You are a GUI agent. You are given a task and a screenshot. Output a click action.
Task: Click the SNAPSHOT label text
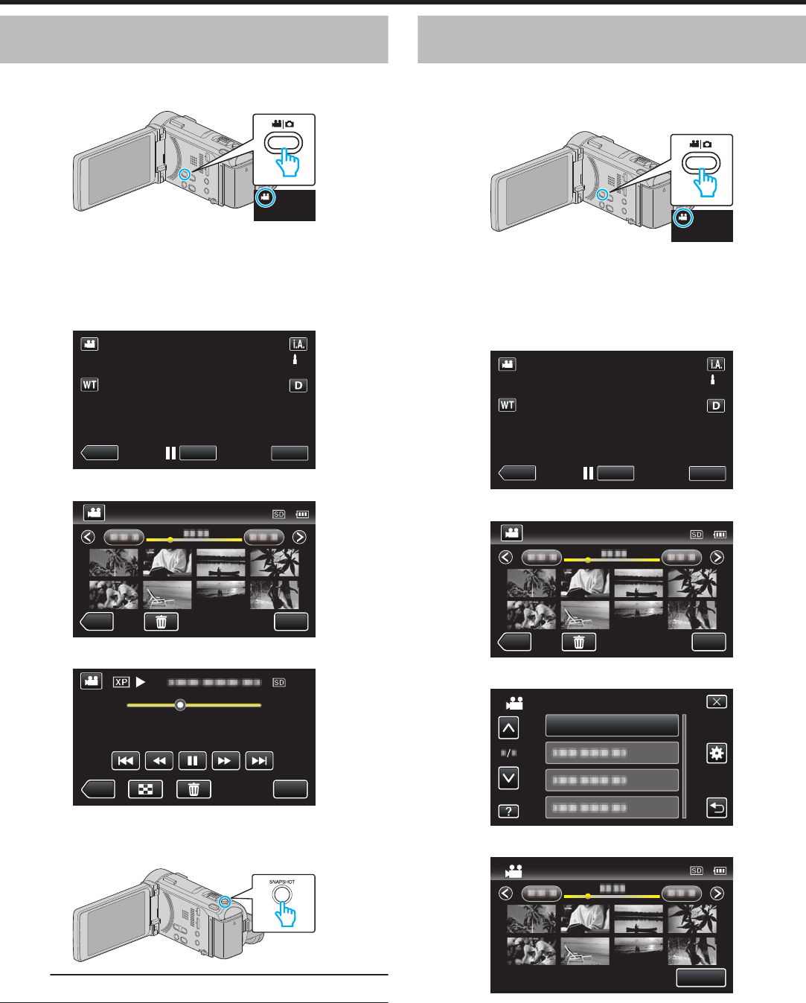(x=282, y=882)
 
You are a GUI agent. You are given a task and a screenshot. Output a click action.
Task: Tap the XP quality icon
(x=121, y=682)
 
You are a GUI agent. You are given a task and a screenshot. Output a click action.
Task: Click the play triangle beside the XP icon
(x=141, y=682)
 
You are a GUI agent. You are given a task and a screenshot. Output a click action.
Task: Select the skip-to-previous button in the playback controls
(x=125, y=760)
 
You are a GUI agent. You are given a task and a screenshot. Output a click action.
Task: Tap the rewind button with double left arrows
(x=159, y=760)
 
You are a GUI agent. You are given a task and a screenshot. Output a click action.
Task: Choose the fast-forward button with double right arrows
(x=226, y=760)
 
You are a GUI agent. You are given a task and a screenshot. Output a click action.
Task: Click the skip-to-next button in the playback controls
(x=259, y=760)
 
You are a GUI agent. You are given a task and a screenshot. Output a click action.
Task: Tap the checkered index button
(x=146, y=789)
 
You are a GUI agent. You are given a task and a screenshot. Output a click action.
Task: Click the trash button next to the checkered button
(x=193, y=789)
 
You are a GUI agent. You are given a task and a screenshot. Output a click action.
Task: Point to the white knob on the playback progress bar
(x=180, y=704)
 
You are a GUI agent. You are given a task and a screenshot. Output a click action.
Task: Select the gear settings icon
(x=716, y=754)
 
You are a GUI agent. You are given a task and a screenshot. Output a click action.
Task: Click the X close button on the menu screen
(x=716, y=701)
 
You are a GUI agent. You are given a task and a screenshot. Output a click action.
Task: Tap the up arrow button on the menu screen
(x=508, y=727)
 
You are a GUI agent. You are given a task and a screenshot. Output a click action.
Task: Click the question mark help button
(x=508, y=811)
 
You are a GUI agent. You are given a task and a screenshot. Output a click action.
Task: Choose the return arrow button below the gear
(x=716, y=808)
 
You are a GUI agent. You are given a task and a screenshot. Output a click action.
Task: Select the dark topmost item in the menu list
(x=612, y=725)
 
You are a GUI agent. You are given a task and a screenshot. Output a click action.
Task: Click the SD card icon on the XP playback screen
(x=279, y=682)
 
